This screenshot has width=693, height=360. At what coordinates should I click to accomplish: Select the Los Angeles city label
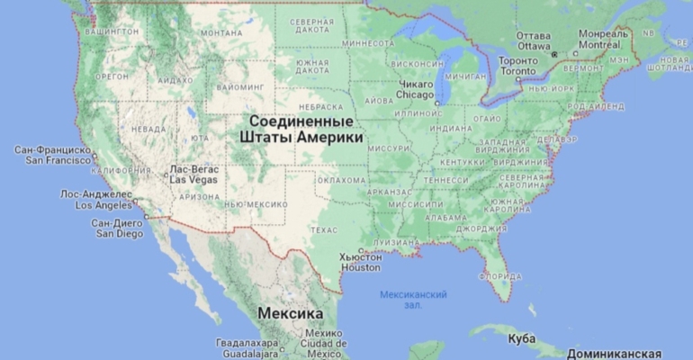pos(96,199)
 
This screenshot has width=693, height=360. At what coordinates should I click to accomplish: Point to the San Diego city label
pos(117,228)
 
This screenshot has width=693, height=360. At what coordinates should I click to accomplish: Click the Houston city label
pos(360,262)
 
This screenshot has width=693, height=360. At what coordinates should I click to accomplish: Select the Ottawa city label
pos(533,40)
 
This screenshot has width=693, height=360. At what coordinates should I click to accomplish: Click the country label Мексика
pos(291,313)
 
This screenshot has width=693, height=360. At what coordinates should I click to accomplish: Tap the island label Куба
pos(521,338)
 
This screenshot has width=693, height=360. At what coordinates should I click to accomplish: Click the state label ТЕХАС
pos(324,229)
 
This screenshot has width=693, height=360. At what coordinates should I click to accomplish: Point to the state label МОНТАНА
pos(221,33)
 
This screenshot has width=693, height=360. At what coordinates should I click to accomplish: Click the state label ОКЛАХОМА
pos(342,180)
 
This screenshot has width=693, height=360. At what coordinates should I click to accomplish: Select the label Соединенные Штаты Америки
pos(301,130)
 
